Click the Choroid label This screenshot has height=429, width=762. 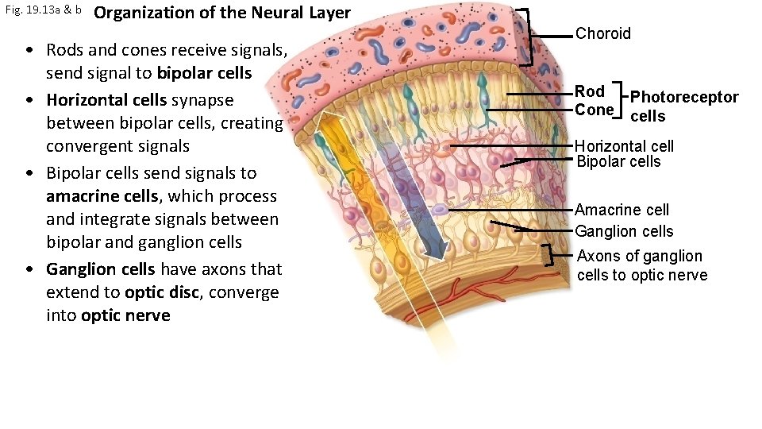tap(602, 33)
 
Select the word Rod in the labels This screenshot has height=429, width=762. tap(590, 91)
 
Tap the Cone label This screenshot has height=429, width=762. tap(594, 110)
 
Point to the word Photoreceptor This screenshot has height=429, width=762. tap(684, 98)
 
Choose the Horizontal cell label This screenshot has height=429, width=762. tap(624, 146)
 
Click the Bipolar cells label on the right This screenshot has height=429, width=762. tap(618, 161)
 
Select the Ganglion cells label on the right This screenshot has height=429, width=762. tap(624, 231)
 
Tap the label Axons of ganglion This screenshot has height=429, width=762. tap(639, 256)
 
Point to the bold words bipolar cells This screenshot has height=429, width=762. tap(204, 73)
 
